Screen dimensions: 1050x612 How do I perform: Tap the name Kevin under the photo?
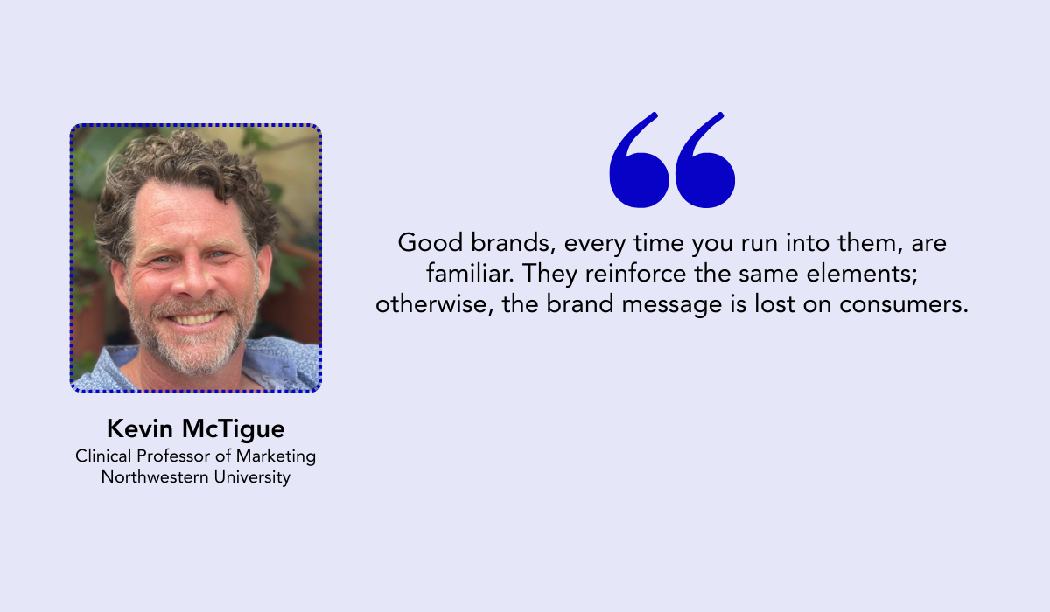(x=140, y=428)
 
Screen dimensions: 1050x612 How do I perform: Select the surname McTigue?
(x=234, y=429)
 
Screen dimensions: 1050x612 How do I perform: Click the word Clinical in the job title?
(x=103, y=456)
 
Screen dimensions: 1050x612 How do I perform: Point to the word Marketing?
(x=276, y=456)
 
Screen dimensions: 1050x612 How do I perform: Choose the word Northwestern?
(x=155, y=477)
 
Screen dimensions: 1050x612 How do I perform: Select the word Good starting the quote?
(x=430, y=242)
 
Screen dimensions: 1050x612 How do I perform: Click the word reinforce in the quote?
(x=635, y=273)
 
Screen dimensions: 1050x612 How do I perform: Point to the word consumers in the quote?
(x=903, y=304)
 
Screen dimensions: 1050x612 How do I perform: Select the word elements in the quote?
(x=862, y=274)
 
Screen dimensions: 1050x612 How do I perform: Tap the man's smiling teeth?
(x=194, y=319)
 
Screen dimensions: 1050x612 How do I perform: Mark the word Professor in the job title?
(x=173, y=456)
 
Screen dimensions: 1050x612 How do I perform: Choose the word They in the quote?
(x=549, y=274)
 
